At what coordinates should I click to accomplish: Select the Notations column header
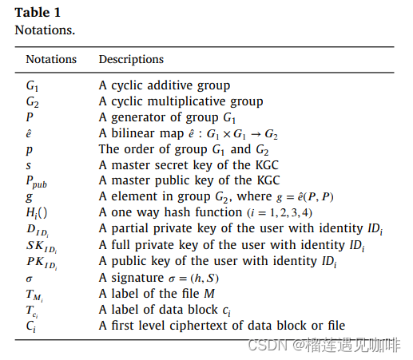coord(51,59)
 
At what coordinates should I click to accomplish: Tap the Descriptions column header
coord(131,59)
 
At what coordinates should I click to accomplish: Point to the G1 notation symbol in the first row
coord(32,85)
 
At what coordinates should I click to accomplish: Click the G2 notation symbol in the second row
coord(32,101)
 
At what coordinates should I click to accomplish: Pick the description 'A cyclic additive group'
coord(165,85)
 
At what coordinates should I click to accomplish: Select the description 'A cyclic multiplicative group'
coord(181,101)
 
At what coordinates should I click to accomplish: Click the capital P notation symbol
coord(30,117)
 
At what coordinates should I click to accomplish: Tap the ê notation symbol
coord(29,133)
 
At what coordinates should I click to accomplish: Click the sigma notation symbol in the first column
coord(30,277)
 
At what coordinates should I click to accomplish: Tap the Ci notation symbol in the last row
coord(31,325)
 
